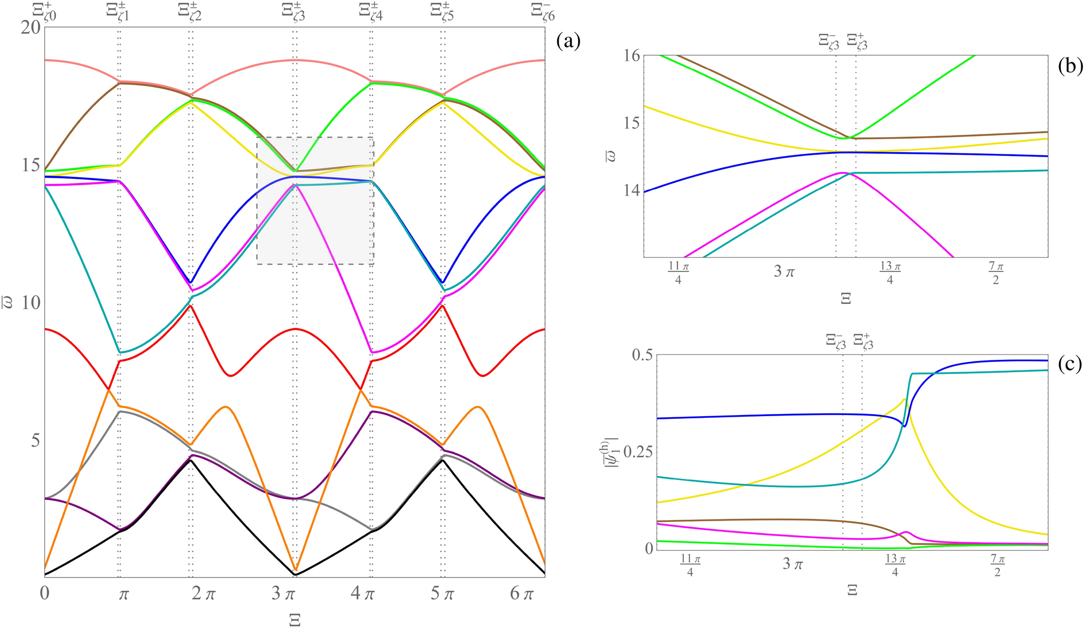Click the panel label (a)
point(568,42)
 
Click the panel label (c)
point(1070,364)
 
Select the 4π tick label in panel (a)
point(362,594)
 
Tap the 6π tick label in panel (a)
point(522,594)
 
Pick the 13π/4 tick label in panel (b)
point(890,273)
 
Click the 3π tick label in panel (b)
point(784,271)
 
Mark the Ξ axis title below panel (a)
point(294,619)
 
